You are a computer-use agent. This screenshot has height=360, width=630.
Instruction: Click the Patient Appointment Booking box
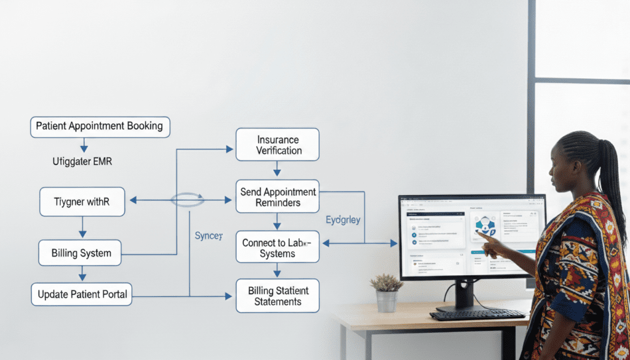(100, 126)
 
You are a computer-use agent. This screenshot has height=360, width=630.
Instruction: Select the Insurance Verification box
(277, 145)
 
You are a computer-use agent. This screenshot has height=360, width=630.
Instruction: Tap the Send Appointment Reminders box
(277, 196)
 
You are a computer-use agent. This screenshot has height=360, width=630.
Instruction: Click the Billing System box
(81, 253)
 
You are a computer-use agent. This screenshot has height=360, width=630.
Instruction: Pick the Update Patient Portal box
(82, 294)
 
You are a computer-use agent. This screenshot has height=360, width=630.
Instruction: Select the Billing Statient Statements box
(277, 295)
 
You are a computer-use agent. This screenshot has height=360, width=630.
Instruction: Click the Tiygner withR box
(82, 202)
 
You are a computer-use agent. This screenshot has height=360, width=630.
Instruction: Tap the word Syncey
(208, 236)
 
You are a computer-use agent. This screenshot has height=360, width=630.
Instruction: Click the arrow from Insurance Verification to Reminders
(277, 168)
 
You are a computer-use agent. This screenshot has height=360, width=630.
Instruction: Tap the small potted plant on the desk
(386, 292)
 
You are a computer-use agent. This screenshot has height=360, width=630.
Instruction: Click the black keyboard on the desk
(477, 314)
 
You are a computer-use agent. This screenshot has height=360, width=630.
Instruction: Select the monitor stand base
(463, 306)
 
